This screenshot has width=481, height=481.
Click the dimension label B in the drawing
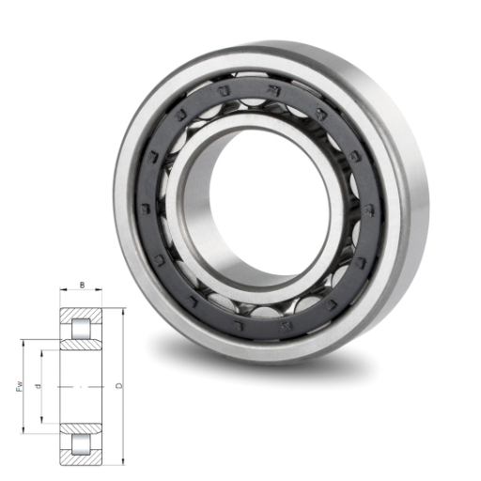point(83,285)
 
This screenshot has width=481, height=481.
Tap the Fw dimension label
point(20,386)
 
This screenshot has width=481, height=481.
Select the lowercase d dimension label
point(39,386)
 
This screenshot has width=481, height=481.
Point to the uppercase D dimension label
point(119,386)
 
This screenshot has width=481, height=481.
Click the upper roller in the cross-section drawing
point(81,329)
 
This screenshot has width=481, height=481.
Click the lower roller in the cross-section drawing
point(81,444)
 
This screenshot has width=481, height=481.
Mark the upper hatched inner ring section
point(81,345)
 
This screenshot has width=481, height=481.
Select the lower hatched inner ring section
point(81,428)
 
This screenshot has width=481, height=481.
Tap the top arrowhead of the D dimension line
point(123,311)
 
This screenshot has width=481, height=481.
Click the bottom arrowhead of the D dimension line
point(123,462)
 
